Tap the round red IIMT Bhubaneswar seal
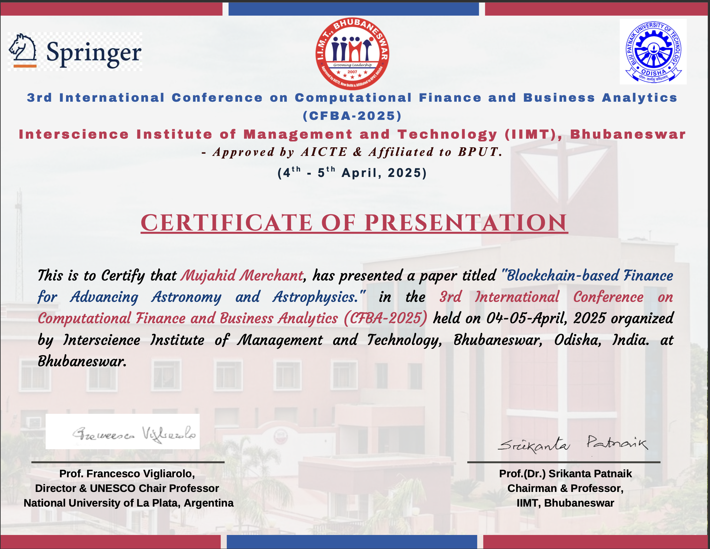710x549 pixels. pos(352,54)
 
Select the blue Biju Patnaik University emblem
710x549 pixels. pos(653,52)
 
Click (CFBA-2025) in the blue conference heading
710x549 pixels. pos(352,116)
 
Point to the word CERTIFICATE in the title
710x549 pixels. pos(226,223)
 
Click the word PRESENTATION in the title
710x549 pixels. pos(466,223)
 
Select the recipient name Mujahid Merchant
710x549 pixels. pos(242,276)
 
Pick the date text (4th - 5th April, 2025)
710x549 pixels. pos(352,172)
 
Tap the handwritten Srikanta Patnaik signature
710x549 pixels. pos(573,444)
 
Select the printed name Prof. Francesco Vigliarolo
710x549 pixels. pos(127,474)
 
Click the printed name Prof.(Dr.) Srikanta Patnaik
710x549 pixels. pos(565,474)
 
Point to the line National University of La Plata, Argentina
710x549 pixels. pos(129,503)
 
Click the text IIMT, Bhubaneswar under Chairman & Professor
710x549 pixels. pos(565,503)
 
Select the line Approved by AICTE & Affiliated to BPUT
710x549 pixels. pos(352,152)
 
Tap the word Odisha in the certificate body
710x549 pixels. pos(577,340)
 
